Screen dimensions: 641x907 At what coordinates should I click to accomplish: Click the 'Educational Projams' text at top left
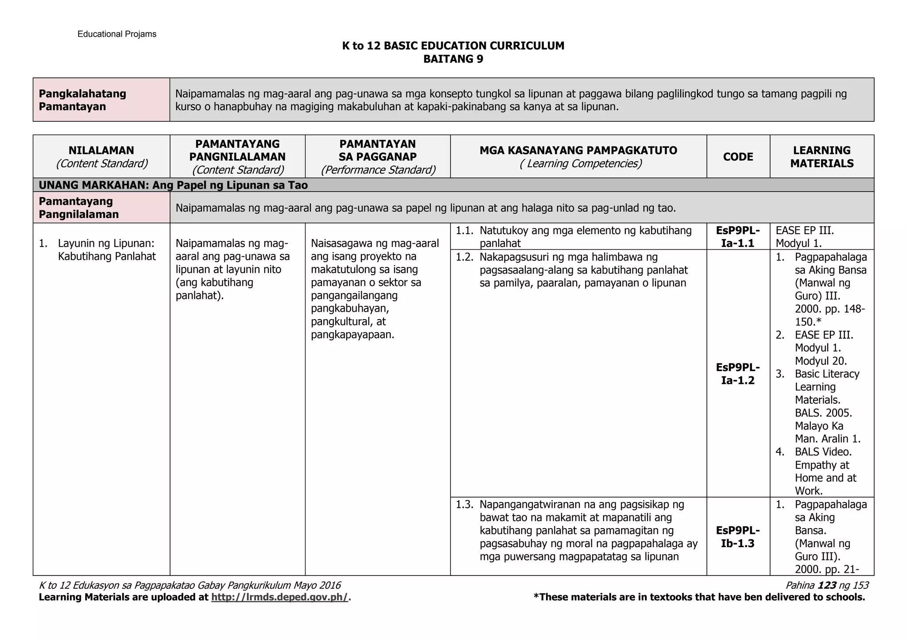(117, 34)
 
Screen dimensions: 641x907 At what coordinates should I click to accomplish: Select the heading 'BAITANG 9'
(453, 59)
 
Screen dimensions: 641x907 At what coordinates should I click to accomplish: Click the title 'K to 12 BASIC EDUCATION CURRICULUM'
(453, 46)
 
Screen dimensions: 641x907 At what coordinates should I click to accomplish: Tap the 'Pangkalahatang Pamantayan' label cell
(83, 100)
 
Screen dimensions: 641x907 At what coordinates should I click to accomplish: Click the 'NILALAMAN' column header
(101, 151)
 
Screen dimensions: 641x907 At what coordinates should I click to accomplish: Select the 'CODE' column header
(738, 157)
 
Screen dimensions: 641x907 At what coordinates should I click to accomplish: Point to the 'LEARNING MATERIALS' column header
(822, 157)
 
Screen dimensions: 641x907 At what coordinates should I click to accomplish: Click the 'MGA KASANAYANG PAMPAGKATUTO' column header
(578, 151)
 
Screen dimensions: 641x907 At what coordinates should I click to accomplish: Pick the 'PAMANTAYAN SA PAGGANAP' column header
(377, 151)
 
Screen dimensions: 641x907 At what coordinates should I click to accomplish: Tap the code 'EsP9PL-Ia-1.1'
(738, 236)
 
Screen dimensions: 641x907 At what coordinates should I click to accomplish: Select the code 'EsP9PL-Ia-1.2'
(738, 374)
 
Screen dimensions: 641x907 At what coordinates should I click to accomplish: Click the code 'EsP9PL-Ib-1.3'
(738, 537)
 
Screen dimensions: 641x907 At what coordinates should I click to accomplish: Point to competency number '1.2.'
(465, 257)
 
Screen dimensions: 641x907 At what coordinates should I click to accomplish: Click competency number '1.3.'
(465, 504)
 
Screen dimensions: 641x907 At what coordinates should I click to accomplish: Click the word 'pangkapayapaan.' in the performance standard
(352, 334)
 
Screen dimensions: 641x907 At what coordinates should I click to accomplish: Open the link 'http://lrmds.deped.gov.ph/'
(280, 597)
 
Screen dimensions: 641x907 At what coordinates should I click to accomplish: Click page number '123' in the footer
(827, 585)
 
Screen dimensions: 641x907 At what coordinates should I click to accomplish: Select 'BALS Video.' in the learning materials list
(823, 452)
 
